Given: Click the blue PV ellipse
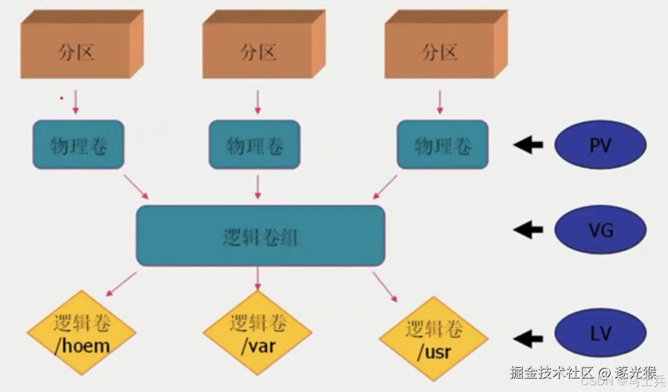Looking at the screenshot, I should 600,145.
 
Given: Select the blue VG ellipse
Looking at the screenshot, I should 600,229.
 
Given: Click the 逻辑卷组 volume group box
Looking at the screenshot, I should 260,236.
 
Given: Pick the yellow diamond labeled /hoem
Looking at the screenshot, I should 82,334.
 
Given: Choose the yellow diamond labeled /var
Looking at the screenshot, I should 258,334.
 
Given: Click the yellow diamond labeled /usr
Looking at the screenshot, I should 434,340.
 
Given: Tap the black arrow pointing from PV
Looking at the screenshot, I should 528,145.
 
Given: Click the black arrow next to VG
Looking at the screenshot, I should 528,229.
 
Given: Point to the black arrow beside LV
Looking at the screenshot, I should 528,338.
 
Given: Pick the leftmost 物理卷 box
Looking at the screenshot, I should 78,145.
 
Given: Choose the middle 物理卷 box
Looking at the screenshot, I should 255,145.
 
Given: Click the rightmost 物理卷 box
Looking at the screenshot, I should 443,145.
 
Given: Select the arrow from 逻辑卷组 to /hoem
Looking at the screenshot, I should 121,284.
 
